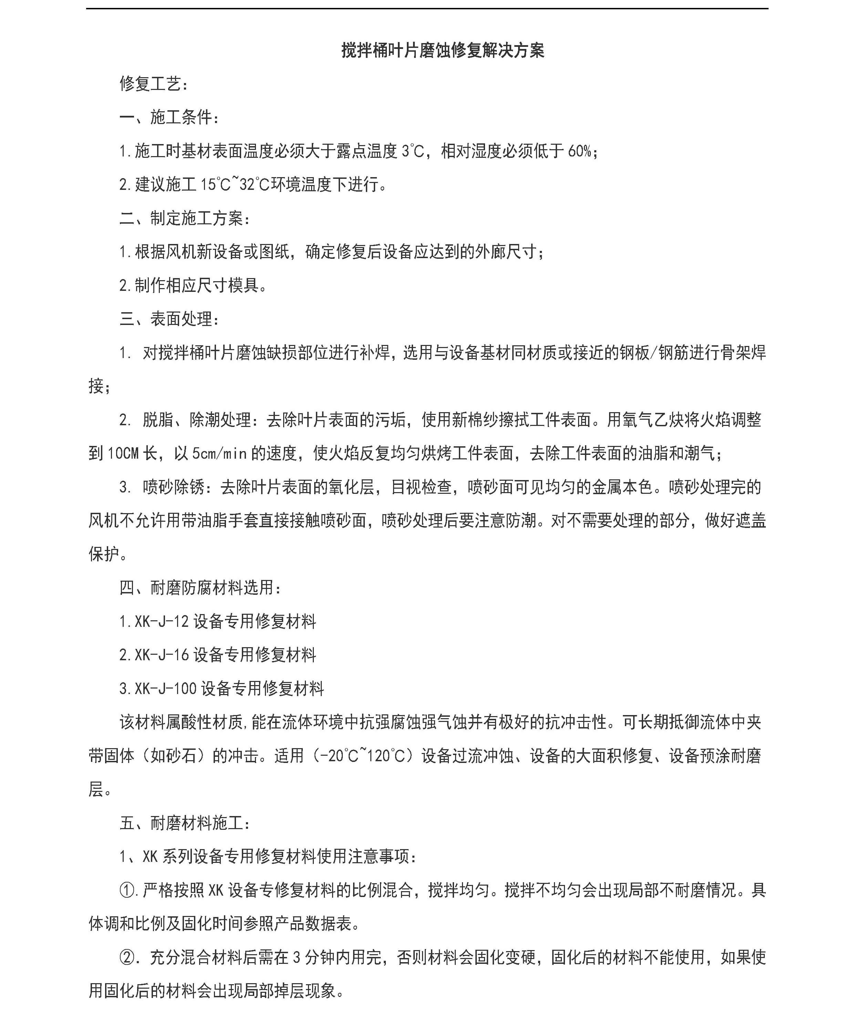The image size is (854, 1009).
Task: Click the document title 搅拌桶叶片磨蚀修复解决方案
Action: [x=442, y=50]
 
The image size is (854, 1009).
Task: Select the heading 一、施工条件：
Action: [x=169, y=118]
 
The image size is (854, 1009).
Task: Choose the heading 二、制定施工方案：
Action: [x=185, y=219]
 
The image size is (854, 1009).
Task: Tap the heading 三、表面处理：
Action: [x=169, y=319]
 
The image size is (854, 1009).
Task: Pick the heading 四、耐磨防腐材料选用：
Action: [x=200, y=588]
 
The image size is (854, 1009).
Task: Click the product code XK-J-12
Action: [x=162, y=621]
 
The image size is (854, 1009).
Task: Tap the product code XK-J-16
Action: [x=162, y=655]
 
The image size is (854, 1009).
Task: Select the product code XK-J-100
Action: [x=166, y=689]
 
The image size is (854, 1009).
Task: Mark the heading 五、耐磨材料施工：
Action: [x=185, y=823]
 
